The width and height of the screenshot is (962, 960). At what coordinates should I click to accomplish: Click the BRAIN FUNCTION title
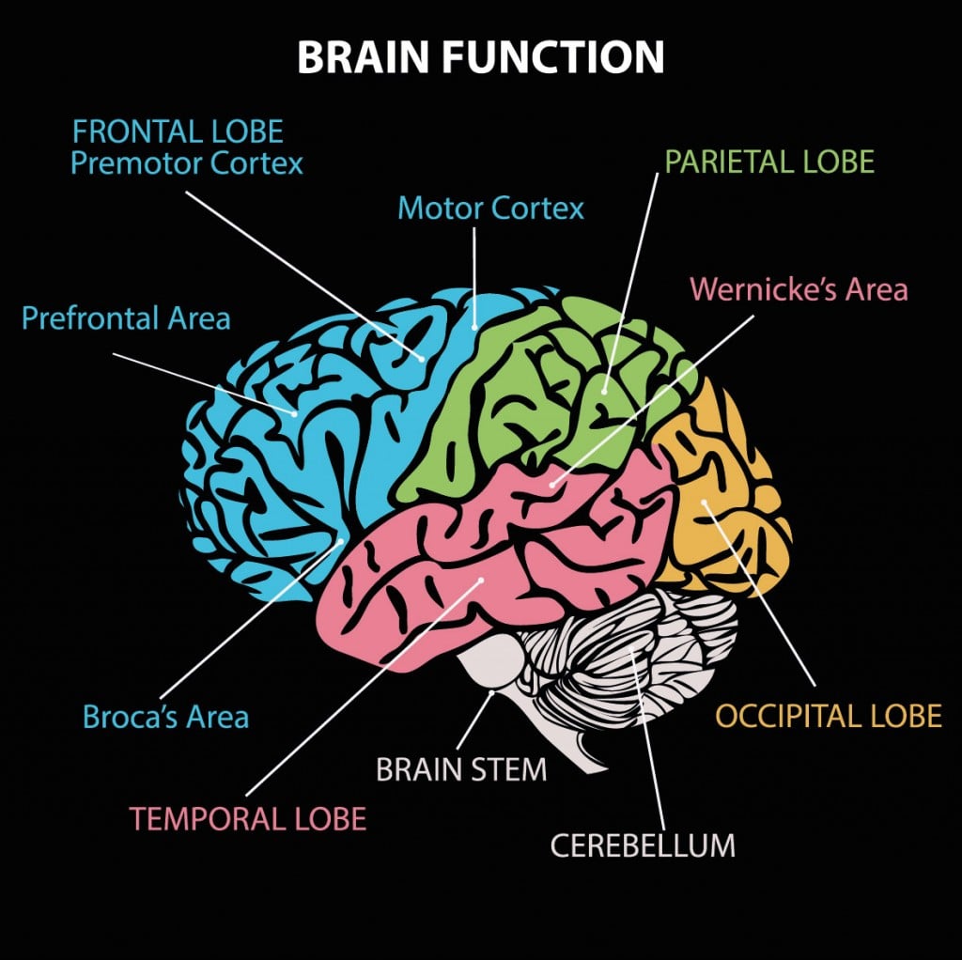pyautogui.click(x=480, y=57)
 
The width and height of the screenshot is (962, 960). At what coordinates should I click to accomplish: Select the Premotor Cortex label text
pyautogui.click(x=187, y=163)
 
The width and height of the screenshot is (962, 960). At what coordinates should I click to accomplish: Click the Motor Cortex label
pyautogui.click(x=490, y=208)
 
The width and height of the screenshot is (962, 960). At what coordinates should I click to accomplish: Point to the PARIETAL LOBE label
pyautogui.click(x=769, y=162)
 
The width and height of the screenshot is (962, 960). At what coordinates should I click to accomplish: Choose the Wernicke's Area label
pyautogui.click(x=799, y=289)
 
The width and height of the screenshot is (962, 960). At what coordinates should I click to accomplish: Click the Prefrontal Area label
pyautogui.click(x=126, y=317)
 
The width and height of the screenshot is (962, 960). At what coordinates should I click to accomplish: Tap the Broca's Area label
pyautogui.click(x=165, y=718)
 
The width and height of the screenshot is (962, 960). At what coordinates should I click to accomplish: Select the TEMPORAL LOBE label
pyautogui.click(x=248, y=818)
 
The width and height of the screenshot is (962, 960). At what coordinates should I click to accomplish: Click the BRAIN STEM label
pyautogui.click(x=461, y=770)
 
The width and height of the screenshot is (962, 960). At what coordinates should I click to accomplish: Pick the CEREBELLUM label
pyautogui.click(x=643, y=845)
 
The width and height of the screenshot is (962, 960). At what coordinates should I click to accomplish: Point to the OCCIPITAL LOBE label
pyautogui.click(x=828, y=716)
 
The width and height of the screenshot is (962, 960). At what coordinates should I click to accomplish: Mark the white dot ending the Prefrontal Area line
pyautogui.click(x=295, y=413)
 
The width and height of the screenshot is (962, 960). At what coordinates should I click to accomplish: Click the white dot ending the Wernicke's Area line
pyautogui.click(x=552, y=486)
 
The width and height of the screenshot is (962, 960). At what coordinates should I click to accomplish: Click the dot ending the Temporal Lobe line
pyautogui.click(x=480, y=581)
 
